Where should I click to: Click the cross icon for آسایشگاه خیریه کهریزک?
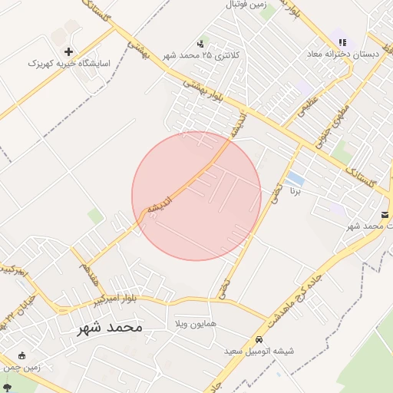[x=69, y=51]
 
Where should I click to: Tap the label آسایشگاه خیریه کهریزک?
[x=70, y=62]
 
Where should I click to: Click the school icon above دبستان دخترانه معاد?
[x=342, y=43]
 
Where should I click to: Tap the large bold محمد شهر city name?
[x=110, y=328]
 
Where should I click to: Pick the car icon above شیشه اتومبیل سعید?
[x=259, y=339]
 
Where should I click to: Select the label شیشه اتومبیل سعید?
[x=259, y=351]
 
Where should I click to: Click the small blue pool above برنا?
[x=295, y=180]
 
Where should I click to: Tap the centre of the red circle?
[x=196, y=196]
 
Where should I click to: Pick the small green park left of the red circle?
[x=95, y=216]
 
